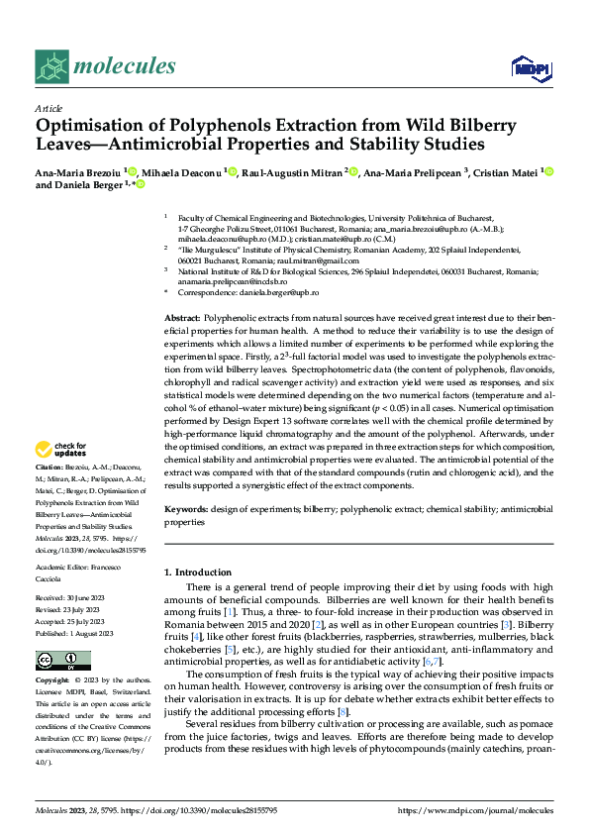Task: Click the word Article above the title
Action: coord(49,109)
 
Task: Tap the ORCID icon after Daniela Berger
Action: coord(142,185)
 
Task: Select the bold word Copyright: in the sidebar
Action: coord(53,681)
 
